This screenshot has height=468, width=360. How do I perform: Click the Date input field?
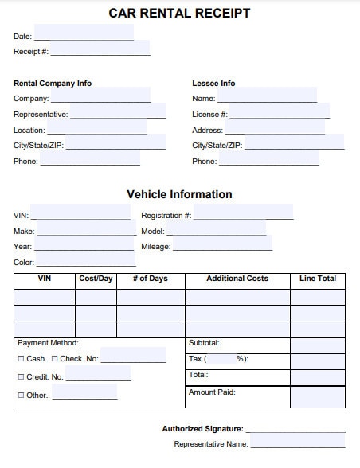84,36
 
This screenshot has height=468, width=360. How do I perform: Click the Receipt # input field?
100,52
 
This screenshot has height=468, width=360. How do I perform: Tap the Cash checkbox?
21,359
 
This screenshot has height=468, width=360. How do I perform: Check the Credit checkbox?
21,377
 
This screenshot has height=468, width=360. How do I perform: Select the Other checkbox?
21,396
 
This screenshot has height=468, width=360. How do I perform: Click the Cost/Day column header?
96,279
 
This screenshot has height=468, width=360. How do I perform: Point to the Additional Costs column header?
237,279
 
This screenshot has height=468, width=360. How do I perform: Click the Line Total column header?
318,279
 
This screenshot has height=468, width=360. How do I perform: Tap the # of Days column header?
150,279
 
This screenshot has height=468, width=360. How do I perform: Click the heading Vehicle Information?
179,194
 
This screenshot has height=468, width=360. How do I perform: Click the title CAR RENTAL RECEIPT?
179,13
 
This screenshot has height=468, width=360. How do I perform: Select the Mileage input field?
222,247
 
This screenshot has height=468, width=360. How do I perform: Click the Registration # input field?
244,216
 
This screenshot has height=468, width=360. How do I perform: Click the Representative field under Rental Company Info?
118,115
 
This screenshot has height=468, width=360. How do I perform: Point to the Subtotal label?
203,343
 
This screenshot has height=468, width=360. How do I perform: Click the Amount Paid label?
212,392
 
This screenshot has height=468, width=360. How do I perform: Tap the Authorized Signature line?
296,429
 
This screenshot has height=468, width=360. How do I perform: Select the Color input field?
86,263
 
